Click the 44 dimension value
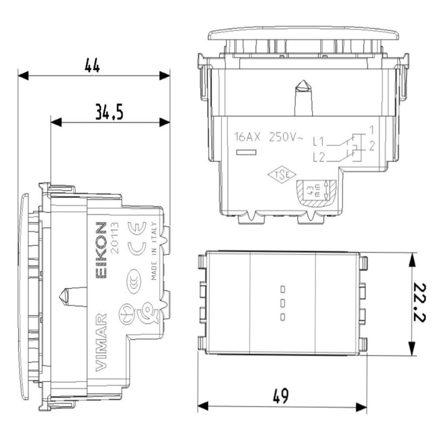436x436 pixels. coord(92,66)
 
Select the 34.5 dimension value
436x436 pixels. coord(109,112)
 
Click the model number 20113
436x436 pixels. coord(115,239)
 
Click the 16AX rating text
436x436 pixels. coord(247,137)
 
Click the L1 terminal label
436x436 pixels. coord(318,141)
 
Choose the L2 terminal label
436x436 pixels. coord(318,157)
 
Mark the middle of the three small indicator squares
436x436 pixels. coord(283,302)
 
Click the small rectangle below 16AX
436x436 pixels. coord(245,153)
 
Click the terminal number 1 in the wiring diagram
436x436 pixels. coord(371,129)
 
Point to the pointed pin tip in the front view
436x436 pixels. coord(302,85)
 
